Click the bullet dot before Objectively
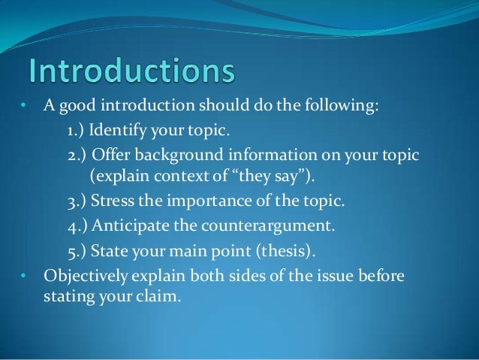pyautogui.click(x=23, y=276)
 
